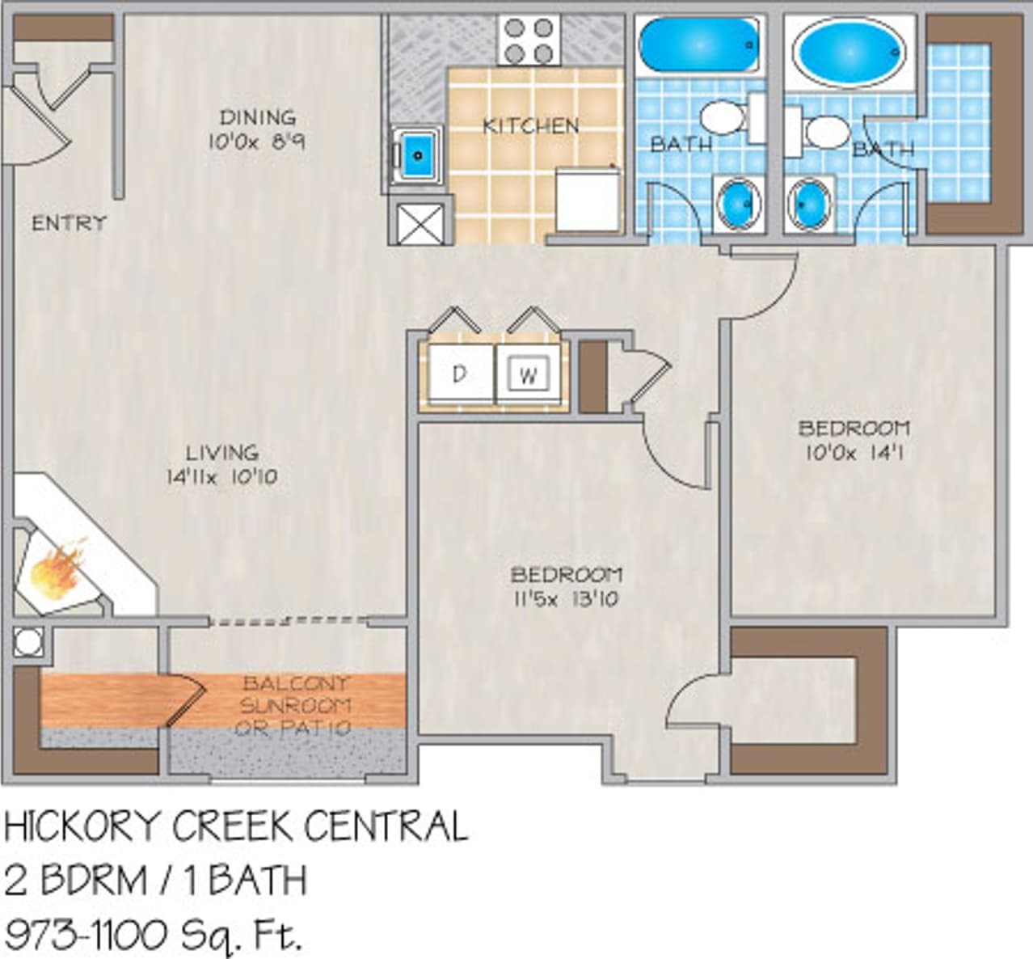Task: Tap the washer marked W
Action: [529, 374]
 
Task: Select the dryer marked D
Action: [459, 374]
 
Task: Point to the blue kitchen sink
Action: [417, 154]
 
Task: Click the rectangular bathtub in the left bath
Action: [700, 44]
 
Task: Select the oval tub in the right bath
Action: [848, 51]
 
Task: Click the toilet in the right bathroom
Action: [820, 132]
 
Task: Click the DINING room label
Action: [257, 117]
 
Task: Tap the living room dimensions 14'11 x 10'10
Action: [221, 477]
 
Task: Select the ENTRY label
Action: [69, 222]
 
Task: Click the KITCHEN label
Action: [530, 125]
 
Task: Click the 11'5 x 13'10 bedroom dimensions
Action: [566, 599]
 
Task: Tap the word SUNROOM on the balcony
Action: [295, 705]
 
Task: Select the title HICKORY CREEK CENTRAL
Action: [236, 826]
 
